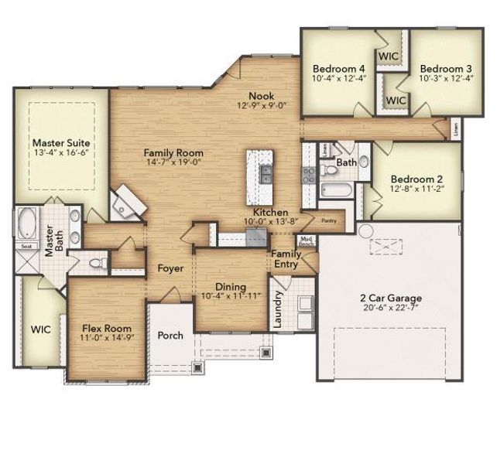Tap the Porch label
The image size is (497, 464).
(x=170, y=336)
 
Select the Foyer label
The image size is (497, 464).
(x=170, y=268)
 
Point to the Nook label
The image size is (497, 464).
(x=259, y=95)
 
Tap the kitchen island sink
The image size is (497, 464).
(x=266, y=172)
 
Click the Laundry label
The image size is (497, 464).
(x=278, y=309)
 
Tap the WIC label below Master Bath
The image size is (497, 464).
(x=40, y=329)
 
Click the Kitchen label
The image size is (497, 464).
(x=269, y=212)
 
